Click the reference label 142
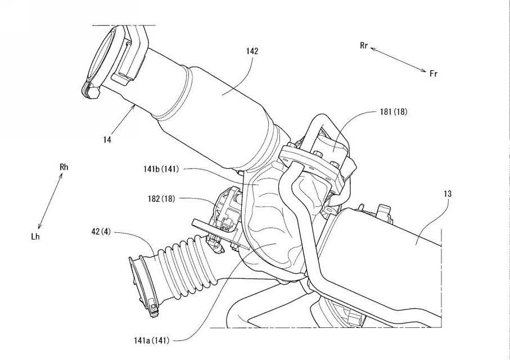[x=252, y=51]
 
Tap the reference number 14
[x=107, y=139]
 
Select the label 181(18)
[x=394, y=112]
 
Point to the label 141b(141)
[x=161, y=169]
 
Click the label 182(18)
[x=161, y=198]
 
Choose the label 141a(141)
[x=152, y=340]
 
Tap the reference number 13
[x=448, y=194]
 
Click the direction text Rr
[x=364, y=46]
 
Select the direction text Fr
[x=434, y=74]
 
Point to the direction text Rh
[x=64, y=167]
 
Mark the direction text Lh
[x=35, y=237]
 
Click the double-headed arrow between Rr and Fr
[x=399, y=60]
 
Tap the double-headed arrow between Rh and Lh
[x=50, y=201]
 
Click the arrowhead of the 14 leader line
[x=134, y=107]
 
